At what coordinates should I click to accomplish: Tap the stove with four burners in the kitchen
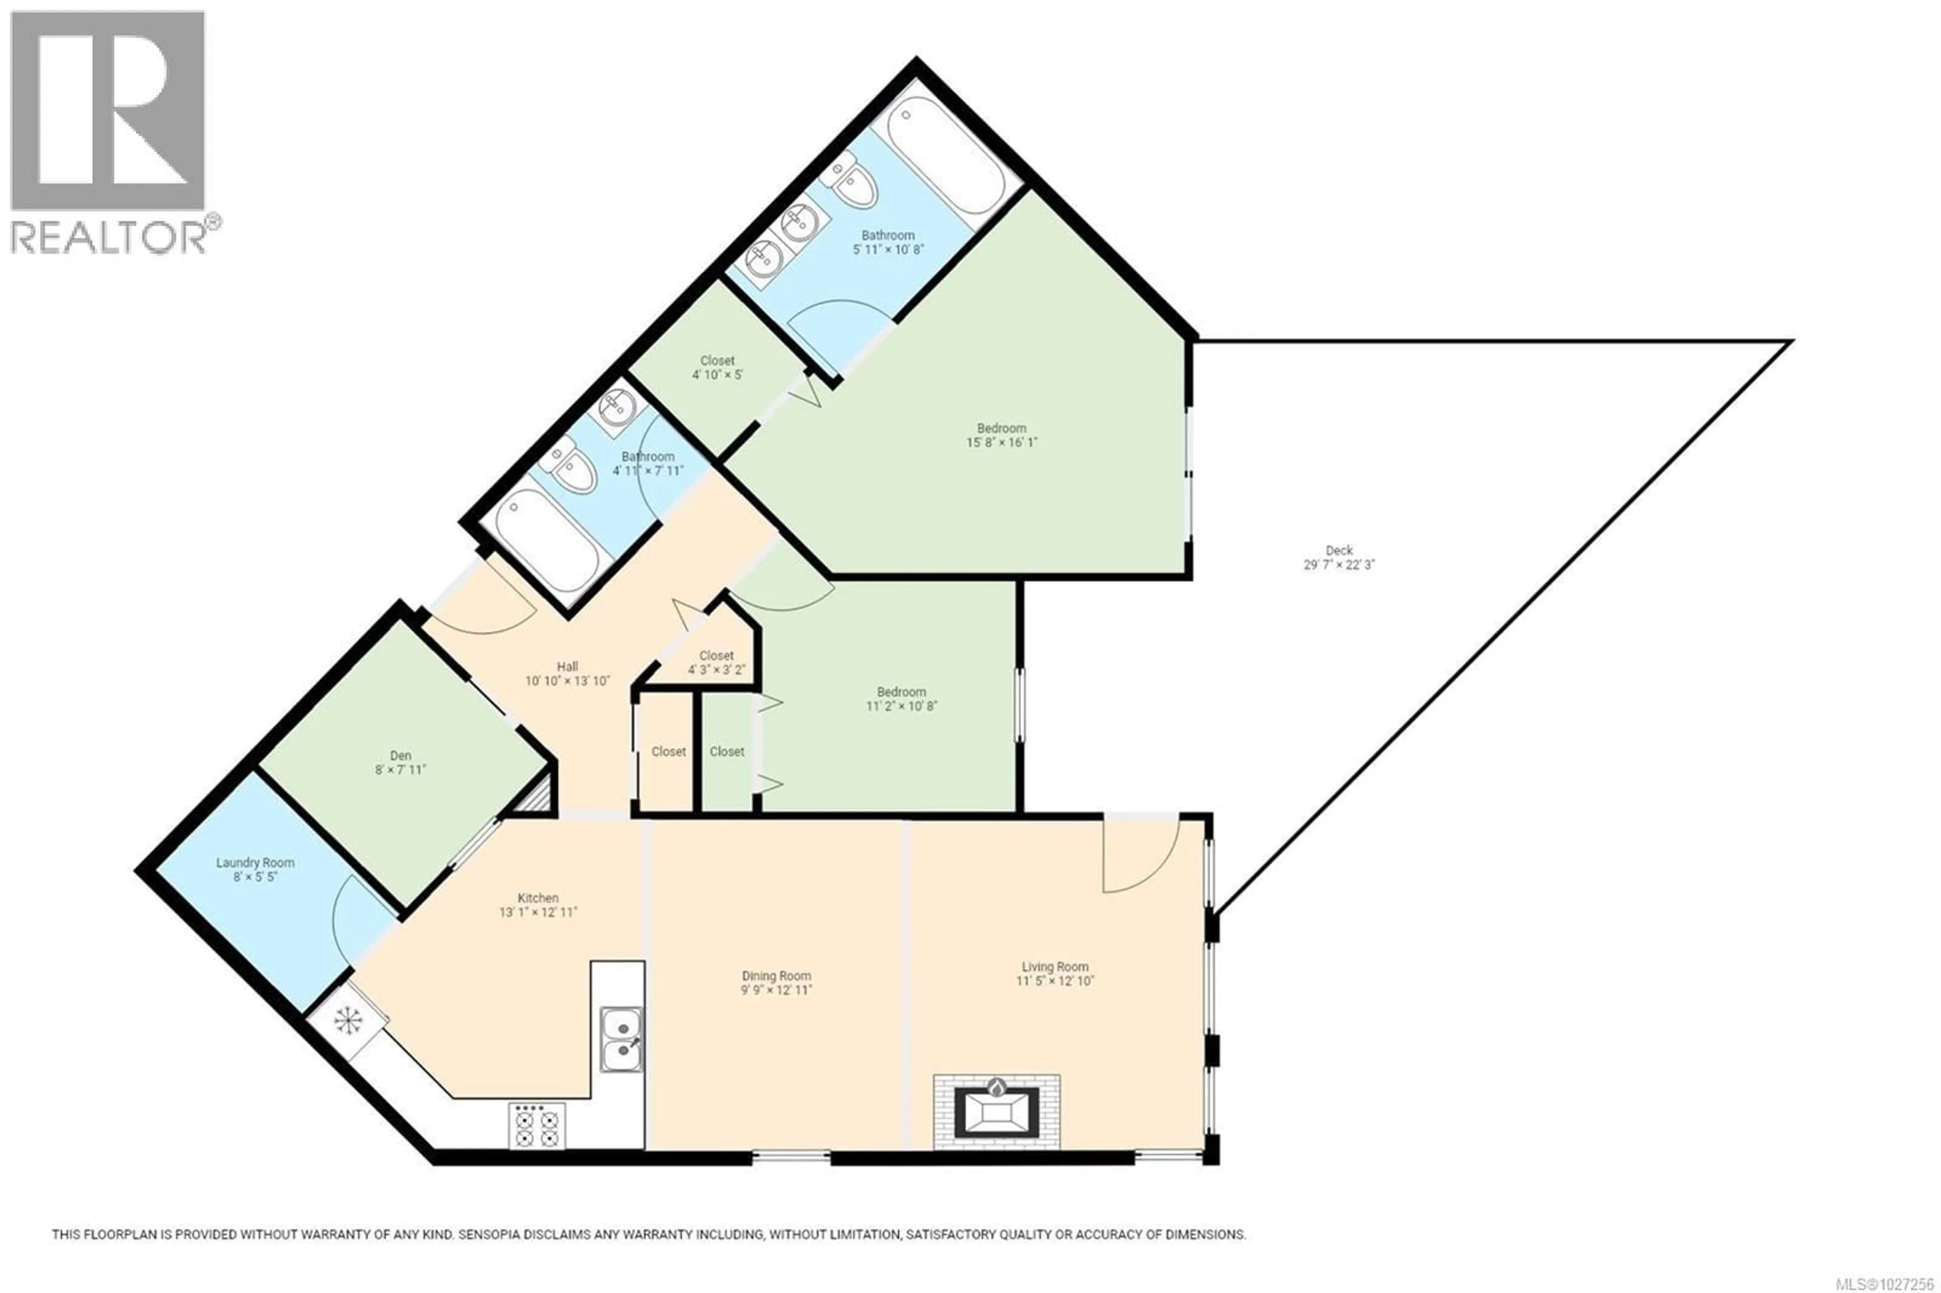537,1126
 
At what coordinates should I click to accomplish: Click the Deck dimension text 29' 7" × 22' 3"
1338,565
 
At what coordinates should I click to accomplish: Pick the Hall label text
567,666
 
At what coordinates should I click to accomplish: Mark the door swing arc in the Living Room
1142,858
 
